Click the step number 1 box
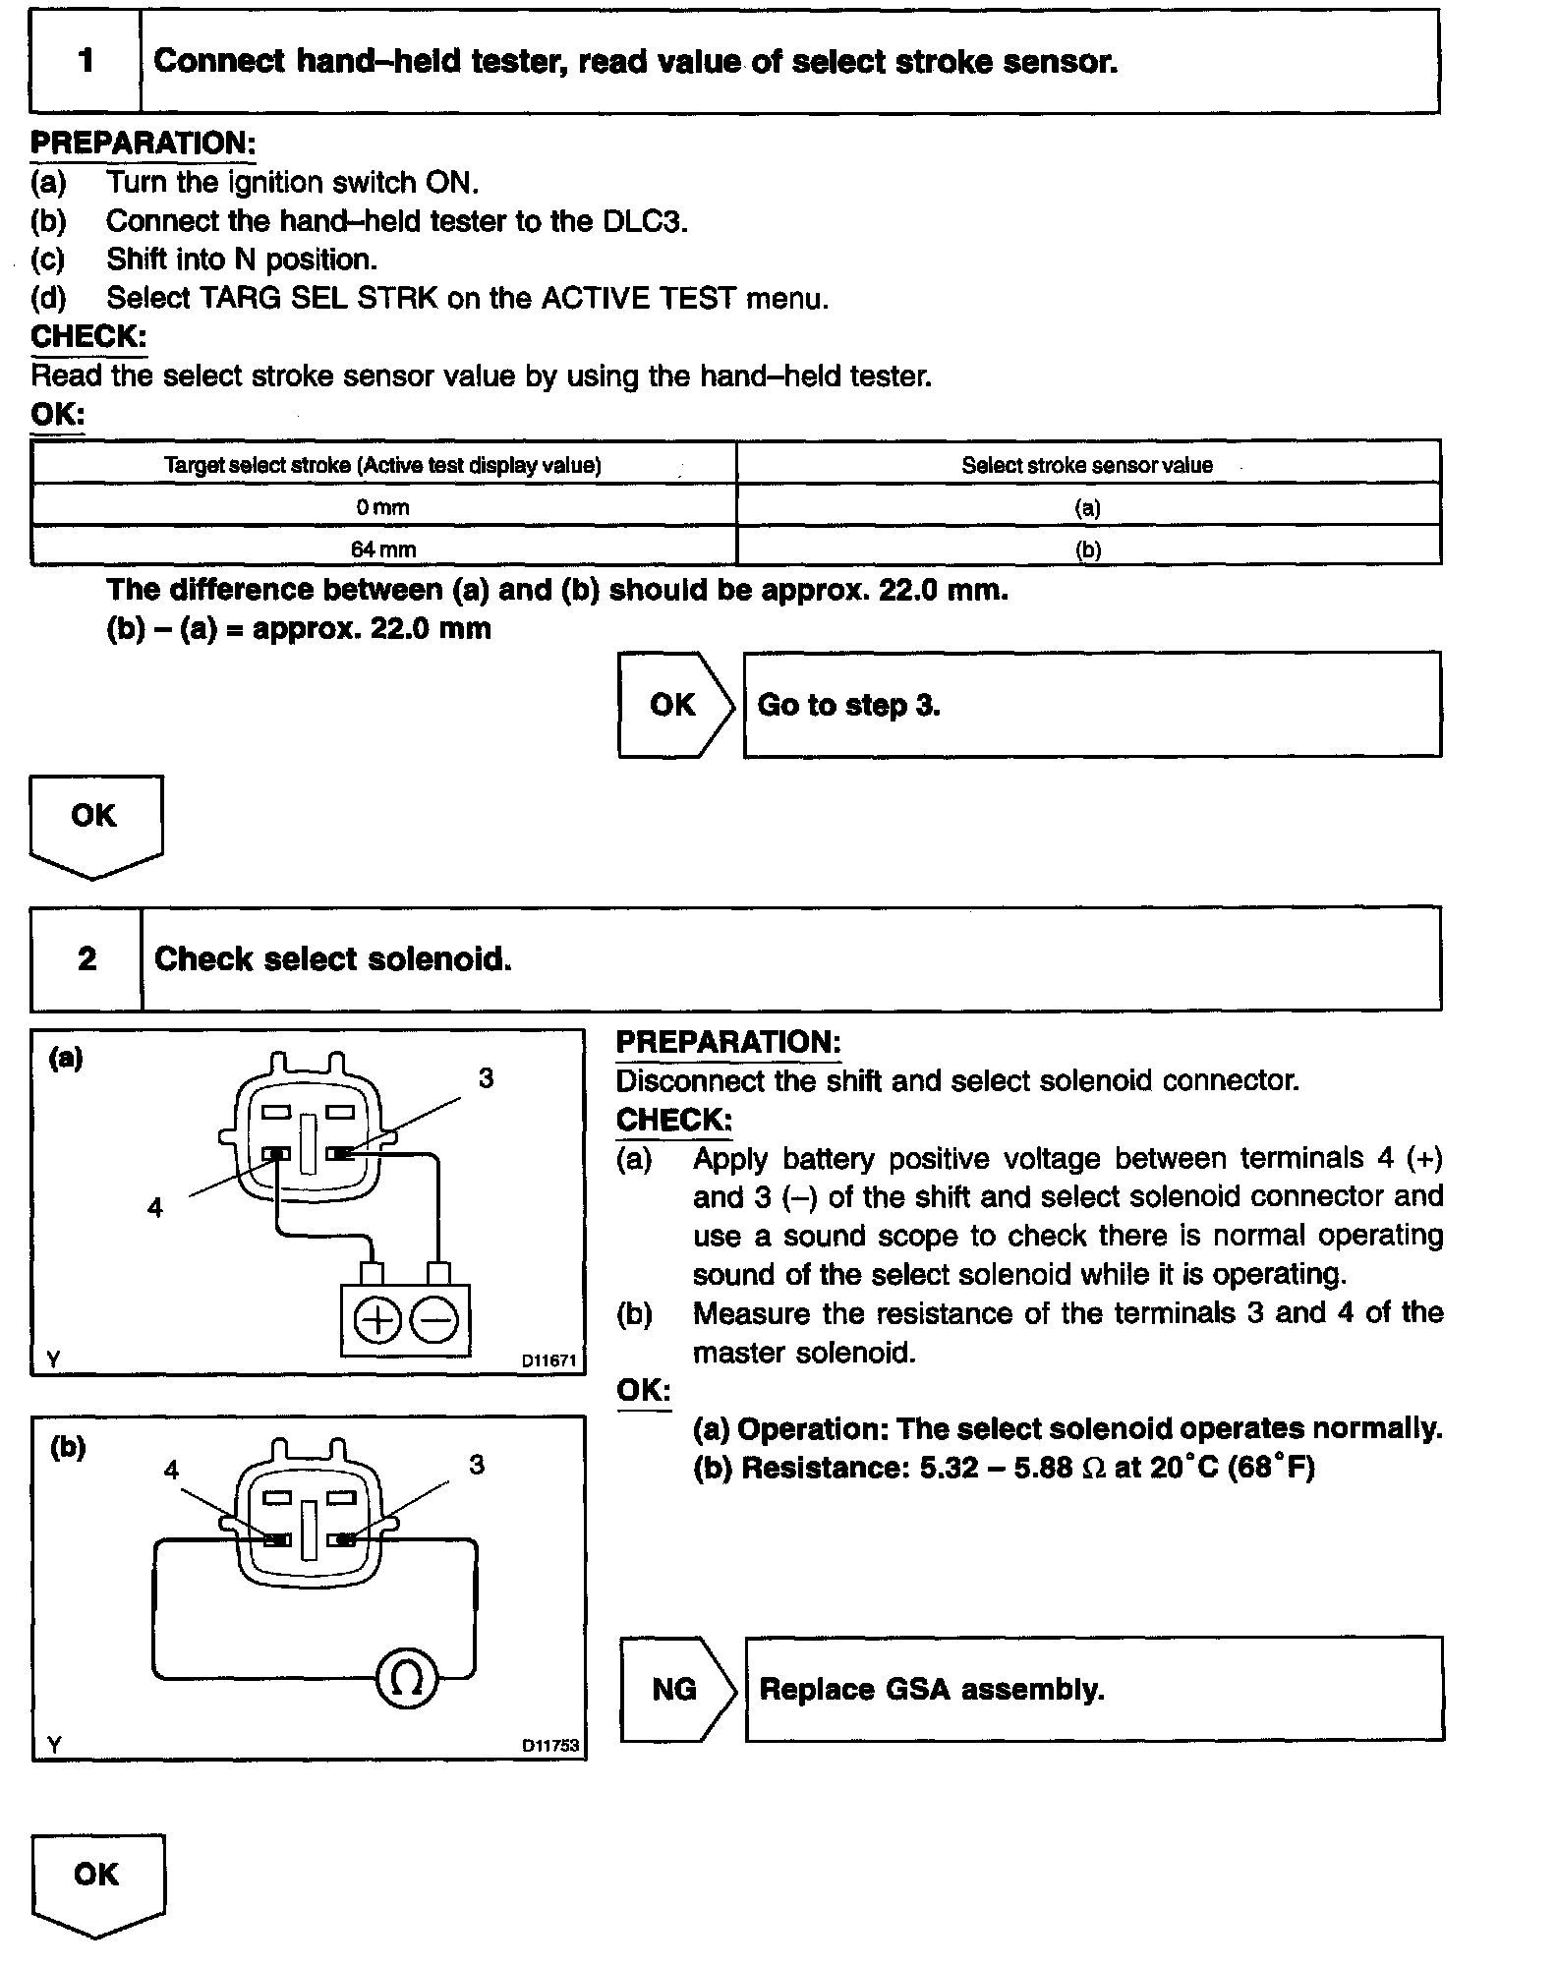[86, 61]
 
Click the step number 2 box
[86, 958]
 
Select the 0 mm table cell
[383, 507]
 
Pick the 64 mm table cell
[383, 549]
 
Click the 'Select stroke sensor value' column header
[1087, 465]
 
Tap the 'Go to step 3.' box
[1091, 705]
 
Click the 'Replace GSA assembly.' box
[1093, 1690]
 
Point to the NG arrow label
[675, 1690]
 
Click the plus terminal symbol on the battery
[375, 1320]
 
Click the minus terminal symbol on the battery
[433, 1320]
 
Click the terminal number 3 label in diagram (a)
[486, 1078]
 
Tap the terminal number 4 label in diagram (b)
[171, 1470]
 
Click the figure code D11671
[548, 1360]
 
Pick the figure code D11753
[549, 1746]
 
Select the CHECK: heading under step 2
[673, 1120]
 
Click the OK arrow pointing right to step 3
[673, 705]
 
